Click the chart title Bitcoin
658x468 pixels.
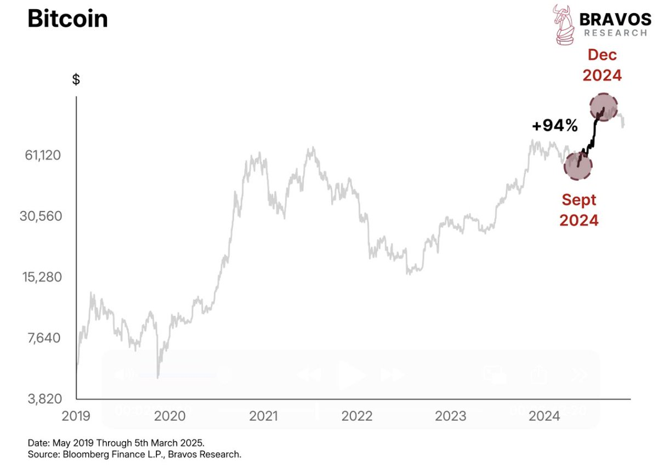click(x=67, y=19)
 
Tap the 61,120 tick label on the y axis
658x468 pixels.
click(x=43, y=155)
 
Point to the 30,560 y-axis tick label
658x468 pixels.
click(x=43, y=216)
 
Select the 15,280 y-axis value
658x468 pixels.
click(x=43, y=277)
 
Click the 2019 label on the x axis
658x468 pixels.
click(x=76, y=416)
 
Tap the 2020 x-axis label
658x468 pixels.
click(x=170, y=416)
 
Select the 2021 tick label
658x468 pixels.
click(x=264, y=416)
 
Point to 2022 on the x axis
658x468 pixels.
click(x=356, y=416)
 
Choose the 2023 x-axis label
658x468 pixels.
click(x=451, y=416)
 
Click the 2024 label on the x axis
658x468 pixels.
click(x=544, y=416)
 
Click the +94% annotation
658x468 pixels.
click(x=555, y=126)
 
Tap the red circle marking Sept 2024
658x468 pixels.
click(x=577, y=164)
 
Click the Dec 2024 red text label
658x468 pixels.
click(x=602, y=65)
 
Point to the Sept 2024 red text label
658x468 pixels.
click(x=578, y=210)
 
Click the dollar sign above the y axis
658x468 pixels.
click(x=76, y=79)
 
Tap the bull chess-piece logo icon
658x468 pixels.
click(x=565, y=25)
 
